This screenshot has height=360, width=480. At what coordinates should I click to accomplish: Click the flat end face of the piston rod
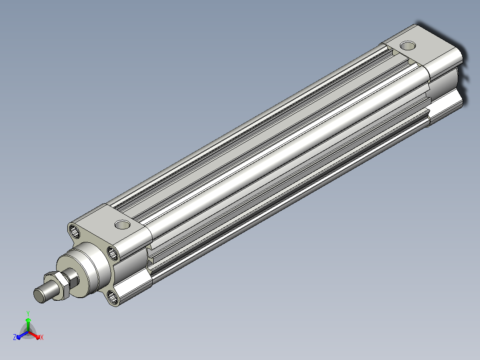[39, 295]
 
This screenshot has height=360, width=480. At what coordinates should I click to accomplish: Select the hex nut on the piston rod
[57, 285]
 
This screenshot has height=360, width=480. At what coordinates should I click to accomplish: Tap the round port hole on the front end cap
[122, 225]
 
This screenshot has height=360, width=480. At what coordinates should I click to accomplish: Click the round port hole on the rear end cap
[408, 46]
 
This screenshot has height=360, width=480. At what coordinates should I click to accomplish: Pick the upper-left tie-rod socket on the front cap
[74, 231]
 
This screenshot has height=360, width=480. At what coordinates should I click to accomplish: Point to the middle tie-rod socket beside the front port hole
[113, 253]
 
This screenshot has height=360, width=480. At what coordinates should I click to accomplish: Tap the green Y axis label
[28, 313]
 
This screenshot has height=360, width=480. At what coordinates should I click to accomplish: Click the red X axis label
[42, 337]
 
